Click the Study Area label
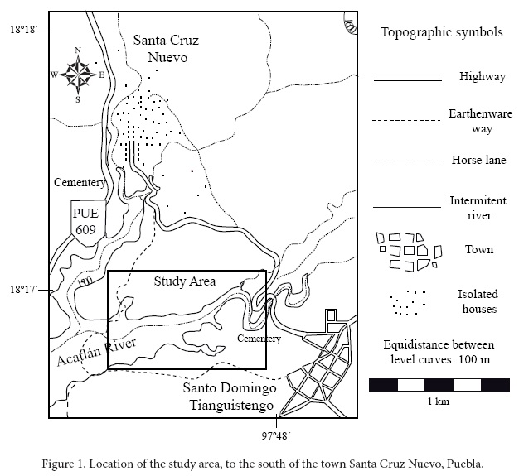click(x=185, y=281)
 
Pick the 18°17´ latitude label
click(x=24, y=291)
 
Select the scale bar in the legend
click(x=439, y=384)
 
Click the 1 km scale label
click(x=439, y=401)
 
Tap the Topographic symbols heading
click(x=441, y=33)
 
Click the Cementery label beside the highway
click(x=79, y=182)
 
